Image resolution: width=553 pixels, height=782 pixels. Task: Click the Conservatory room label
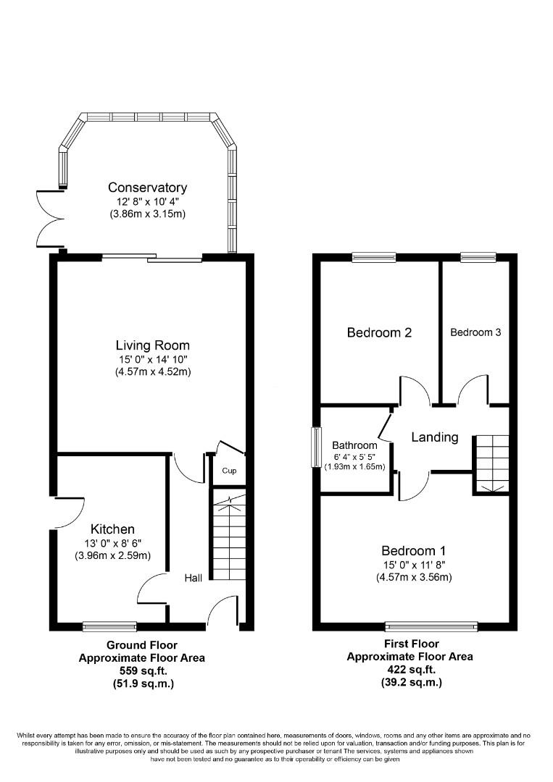click(147, 188)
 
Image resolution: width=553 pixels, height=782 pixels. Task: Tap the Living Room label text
click(152, 345)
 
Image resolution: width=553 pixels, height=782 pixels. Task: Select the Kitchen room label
click(112, 529)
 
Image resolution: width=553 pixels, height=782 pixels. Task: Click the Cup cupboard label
click(229, 471)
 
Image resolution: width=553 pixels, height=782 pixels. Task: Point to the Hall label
click(194, 577)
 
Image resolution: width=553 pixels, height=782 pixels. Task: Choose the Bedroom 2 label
click(379, 333)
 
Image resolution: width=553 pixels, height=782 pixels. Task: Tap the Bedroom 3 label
click(475, 332)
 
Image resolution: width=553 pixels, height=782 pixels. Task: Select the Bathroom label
click(354, 445)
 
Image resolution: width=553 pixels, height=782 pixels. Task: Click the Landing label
click(435, 437)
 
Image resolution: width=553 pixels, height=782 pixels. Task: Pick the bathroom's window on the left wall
click(317, 447)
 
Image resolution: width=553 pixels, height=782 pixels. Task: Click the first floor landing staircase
click(491, 463)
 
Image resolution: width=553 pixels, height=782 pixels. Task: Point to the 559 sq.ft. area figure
click(143, 670)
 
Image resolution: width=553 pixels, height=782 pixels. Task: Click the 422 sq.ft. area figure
click(410, 670)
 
